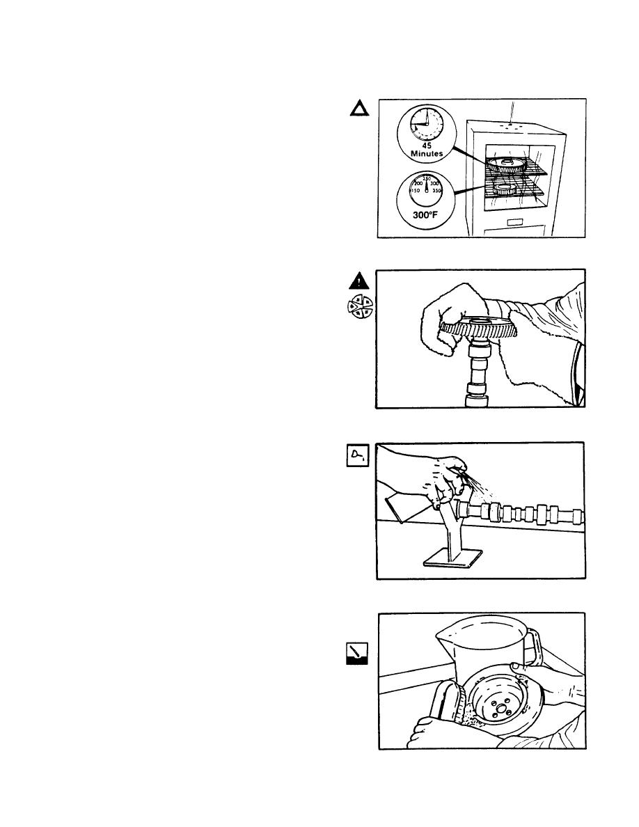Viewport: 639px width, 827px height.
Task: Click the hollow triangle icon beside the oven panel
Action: click(x=358, y=109)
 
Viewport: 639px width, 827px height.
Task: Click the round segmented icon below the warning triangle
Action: click(x=360, y=307)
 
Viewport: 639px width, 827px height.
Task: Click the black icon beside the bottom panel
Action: click(x=358, y=654)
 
